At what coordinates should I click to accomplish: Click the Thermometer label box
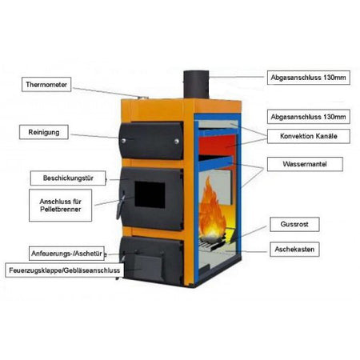click(x=46, y=85)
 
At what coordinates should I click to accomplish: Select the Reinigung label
click(x=44, y=132)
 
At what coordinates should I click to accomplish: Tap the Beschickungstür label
click(x=68, y=178)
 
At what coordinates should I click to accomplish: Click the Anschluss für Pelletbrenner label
click(x=60, y=206)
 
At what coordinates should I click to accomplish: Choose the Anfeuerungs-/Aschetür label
click(x=66, y=254)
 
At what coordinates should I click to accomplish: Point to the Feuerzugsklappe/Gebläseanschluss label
click(x=64, y=270)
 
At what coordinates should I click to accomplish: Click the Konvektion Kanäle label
click(x=309, y=136)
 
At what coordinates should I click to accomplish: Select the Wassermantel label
click(x=305, y=164)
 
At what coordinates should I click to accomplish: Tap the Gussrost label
click(x=294, y=224)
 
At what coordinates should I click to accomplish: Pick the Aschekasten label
click(x=294, y=250)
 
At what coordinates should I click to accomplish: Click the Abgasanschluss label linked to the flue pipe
click(x=309, y=78)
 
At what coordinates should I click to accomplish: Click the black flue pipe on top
click(x=196, y=85)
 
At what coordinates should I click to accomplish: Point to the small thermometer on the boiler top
click(x=143, y=98)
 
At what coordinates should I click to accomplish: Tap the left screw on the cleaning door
click(x=124, y=140)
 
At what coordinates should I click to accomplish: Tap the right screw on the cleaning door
click(x=177, y=142)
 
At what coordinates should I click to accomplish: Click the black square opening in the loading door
click(x=150, y=194)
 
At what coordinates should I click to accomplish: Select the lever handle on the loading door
click(x=120, y=205)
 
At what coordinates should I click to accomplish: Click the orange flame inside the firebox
click(x=211, y=210)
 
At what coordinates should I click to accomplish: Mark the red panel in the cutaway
click(x=218, y=146)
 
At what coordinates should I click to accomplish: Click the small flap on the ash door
click(x=148, y=266)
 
